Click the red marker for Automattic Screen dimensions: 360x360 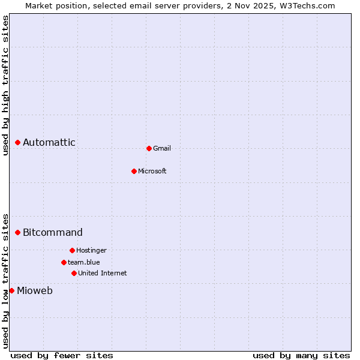(x=18, y=142)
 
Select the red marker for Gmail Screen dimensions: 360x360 (x=149, y=148)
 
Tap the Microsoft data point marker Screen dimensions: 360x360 (x=134, y=171)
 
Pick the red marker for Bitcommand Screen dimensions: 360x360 (x=18, y=232)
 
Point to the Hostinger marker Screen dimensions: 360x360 (x=72, y=250)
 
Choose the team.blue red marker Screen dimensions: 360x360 (x=64, y=262)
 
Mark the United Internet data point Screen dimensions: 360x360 (x=74, y=273)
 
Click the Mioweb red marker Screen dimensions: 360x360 (x=11, y=290)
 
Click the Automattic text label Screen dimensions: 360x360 (x=49, y=142)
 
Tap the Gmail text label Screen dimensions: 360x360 (x=162, y=148)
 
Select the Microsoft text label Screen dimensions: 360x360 (x=152, y=171)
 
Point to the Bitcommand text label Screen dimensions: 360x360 (x=53, y=232)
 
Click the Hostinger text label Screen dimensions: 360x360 (x=91, y=250)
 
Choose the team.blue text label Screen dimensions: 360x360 (x=84, y=262)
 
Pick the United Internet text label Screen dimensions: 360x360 (x=103, y=273)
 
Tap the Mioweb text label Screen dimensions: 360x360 (x=35, y=291)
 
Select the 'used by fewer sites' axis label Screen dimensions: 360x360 (x=62, y=355)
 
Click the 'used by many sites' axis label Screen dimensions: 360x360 (x=301, y=355)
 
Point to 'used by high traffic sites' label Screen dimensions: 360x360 (x=5, y=85)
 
